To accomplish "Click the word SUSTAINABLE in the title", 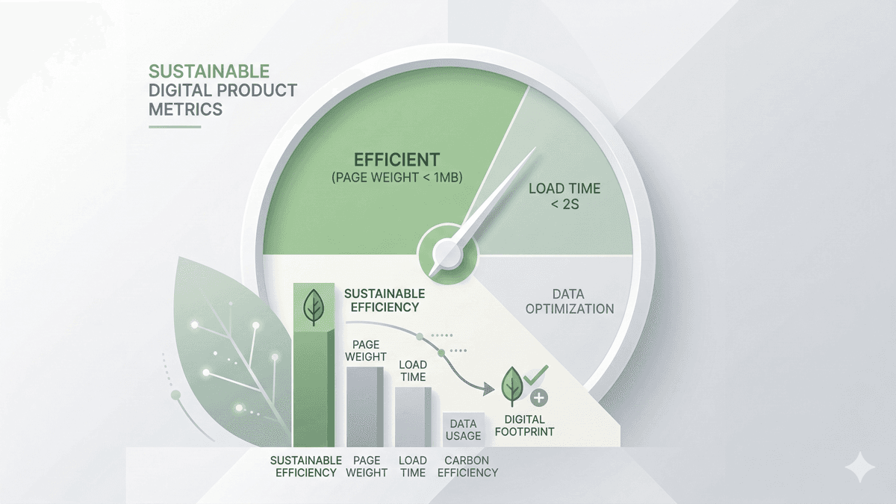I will (208, 72).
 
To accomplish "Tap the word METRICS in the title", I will (185, 109).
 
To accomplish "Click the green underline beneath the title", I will (175, 127).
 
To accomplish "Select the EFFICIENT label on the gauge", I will (396, 159).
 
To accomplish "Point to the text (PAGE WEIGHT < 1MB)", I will (396, 178).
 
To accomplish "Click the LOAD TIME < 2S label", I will (564, 196).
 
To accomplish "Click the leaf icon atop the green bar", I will (314, 305).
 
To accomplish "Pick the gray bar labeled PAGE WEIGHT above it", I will (365, 406).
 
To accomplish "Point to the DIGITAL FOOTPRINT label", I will (524, 426).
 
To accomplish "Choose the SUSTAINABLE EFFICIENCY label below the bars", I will (305, 467).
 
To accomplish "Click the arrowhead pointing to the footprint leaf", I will (489, 388).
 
